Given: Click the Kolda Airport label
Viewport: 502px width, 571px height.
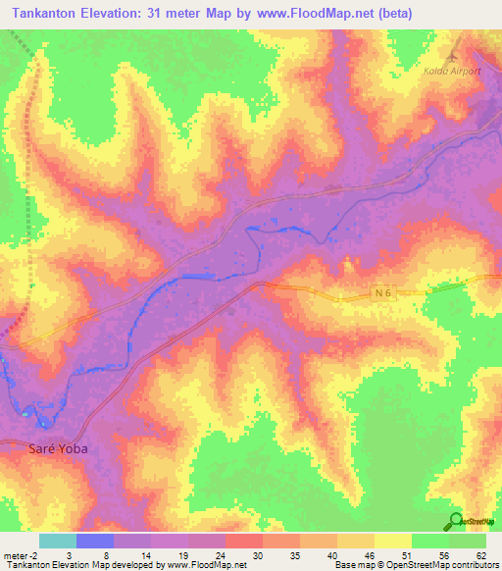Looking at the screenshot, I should click(452, 71).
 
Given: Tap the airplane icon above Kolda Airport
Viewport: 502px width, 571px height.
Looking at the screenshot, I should click(452, 51).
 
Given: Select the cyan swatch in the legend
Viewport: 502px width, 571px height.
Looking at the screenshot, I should click(57, 541).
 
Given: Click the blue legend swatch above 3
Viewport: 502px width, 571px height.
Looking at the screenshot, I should click(94, 541).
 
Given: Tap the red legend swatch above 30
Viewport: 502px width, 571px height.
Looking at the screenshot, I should click(243, 541).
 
